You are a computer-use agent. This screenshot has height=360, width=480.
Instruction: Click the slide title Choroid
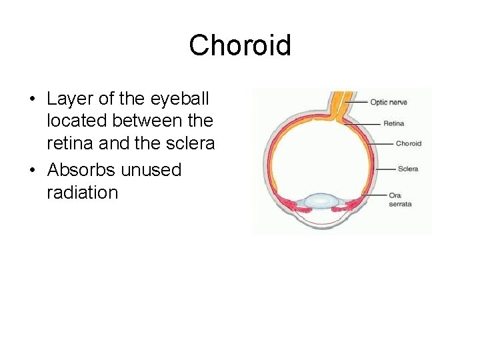[239, 46]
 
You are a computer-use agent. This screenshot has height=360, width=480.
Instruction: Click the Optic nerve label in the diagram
[389, 102]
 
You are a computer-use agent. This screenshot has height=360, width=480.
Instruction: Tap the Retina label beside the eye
[393, 123]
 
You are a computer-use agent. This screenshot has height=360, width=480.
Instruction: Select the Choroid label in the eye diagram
[408, 143]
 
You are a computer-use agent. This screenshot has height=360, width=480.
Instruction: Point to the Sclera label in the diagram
[407, 169]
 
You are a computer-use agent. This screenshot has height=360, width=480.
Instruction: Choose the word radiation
[82, 193]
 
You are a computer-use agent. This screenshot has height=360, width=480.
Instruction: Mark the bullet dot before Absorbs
[32, 171]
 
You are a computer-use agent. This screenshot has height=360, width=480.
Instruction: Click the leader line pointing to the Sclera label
[386, 169]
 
